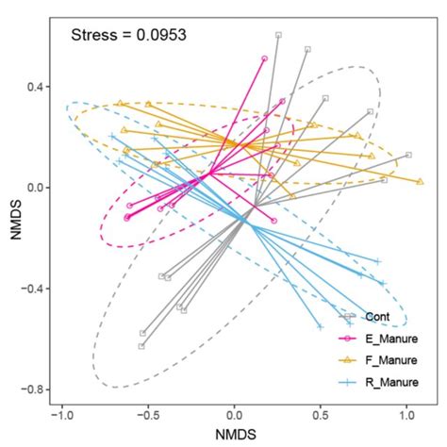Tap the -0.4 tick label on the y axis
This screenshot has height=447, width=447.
[x=33, y=289]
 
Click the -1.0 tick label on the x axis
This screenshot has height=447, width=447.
[x=62, y=414]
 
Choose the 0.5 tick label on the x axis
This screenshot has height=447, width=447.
[x=321, y=414]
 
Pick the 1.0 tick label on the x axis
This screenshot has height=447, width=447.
[x=406, y=414]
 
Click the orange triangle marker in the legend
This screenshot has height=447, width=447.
[x=352, y=360]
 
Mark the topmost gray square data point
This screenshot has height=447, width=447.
[x=278, y=35]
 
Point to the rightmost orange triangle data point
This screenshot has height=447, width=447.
[x=419, y=179]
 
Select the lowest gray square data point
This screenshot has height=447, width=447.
[x=141, y=346]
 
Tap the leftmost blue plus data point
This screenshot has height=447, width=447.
[x=112, y=137]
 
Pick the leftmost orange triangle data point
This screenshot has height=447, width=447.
[x=120, y=103]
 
